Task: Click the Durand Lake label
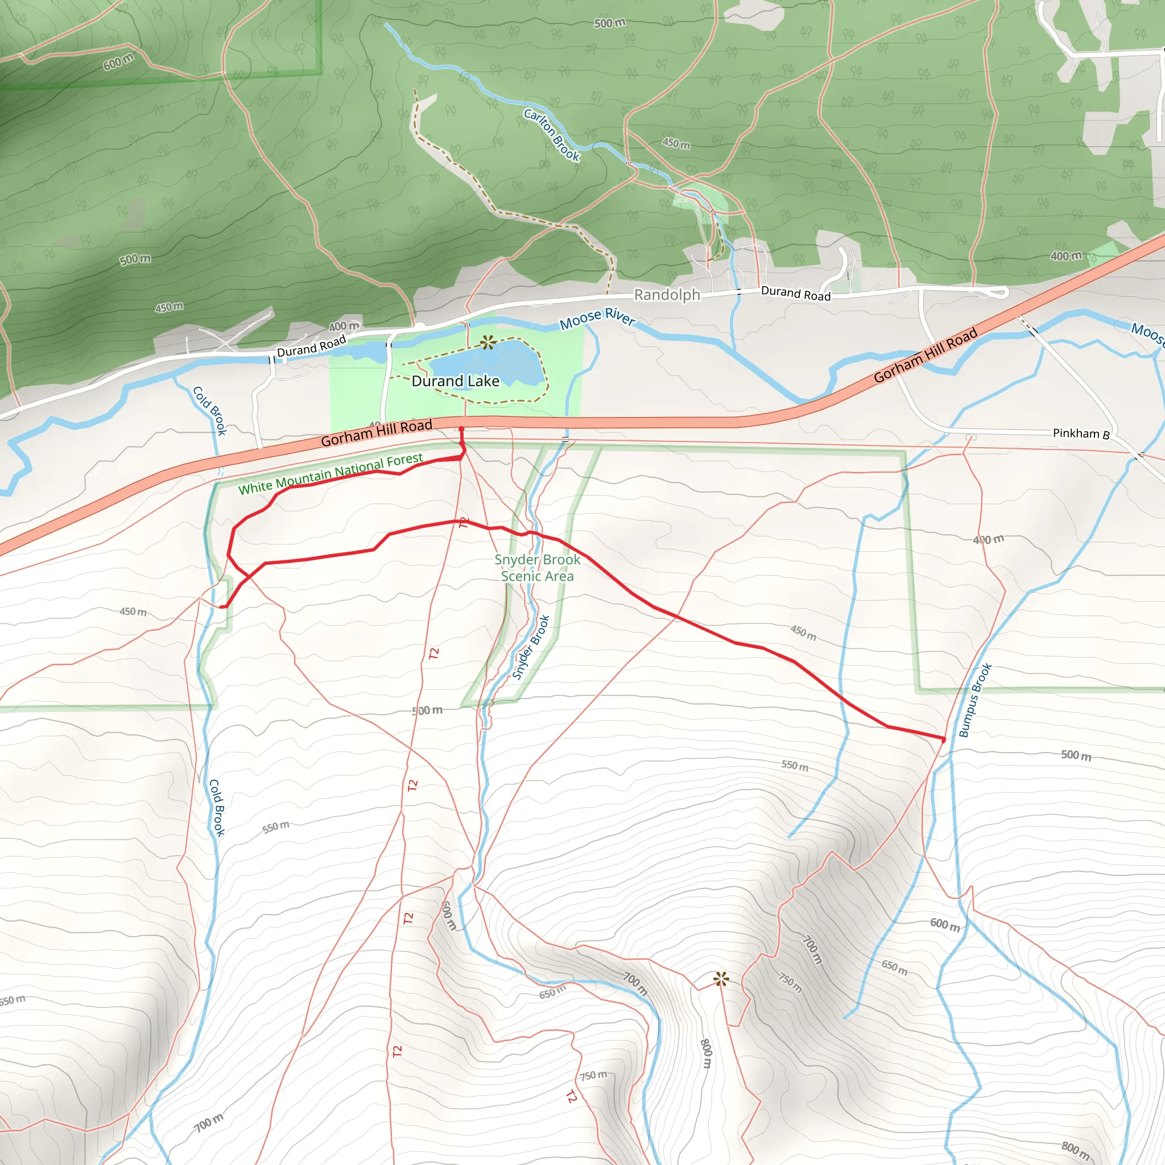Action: tap(455, 381)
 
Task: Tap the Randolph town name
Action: tap(667, 295)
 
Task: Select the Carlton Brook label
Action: tap(552, 134)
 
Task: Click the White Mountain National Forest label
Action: tap(331, 474)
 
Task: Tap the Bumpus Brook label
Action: tap(975, 700)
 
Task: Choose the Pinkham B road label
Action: tap(1081, 433)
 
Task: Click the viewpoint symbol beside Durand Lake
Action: tap(489, 342)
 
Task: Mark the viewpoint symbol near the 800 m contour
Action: tap(721, 978)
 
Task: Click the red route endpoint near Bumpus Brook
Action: tap(944, 740)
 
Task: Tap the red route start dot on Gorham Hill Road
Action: tap(461, 429)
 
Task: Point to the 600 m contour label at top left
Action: tap(118, 61)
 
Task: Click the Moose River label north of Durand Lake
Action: tap(597, 318)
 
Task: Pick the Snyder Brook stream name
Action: tap(531, 647)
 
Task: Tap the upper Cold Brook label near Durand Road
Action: tap(209, 411)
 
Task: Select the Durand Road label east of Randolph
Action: tap(795, 293)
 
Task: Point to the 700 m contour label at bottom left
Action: tap(209, 1122)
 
